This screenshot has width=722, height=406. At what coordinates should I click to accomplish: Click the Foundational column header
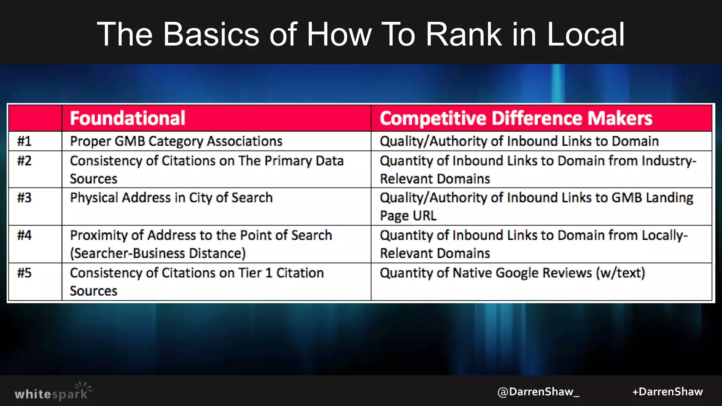(x=127, y=118)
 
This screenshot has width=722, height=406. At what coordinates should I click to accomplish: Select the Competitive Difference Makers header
(x=516, y=118)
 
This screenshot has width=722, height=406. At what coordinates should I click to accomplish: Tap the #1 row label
(x=24, y=141)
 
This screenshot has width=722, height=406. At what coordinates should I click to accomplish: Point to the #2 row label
(x=24, y=161)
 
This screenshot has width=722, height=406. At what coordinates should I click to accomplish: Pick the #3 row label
(x=24, y=198)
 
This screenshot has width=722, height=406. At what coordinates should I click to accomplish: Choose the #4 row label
(x=24, y=235)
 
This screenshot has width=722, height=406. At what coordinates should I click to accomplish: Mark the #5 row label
(x=24, y=273)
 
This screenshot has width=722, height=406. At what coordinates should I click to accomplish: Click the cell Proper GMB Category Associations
(x=176, y=141)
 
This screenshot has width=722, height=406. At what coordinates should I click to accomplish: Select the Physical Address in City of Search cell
(x=171, y=198)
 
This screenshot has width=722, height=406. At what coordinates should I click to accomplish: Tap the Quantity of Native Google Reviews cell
(x=512, y=273)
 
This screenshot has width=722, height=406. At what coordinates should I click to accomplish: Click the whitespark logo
(x=53, y=392)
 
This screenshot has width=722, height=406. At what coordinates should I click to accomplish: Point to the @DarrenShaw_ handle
(x=538, y=392)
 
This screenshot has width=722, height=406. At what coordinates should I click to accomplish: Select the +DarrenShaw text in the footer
(x=667, y=392)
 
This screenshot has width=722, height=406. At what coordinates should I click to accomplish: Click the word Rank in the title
(x=463, y=34)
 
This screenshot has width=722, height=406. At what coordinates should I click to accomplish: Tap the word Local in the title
(x=586, y=34)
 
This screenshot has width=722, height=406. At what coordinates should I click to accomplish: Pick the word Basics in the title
(x=211, y=34)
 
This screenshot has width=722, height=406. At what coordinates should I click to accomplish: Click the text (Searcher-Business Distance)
(x=158, y=253)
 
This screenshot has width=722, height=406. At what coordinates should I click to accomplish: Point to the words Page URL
(x=408, y=216)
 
